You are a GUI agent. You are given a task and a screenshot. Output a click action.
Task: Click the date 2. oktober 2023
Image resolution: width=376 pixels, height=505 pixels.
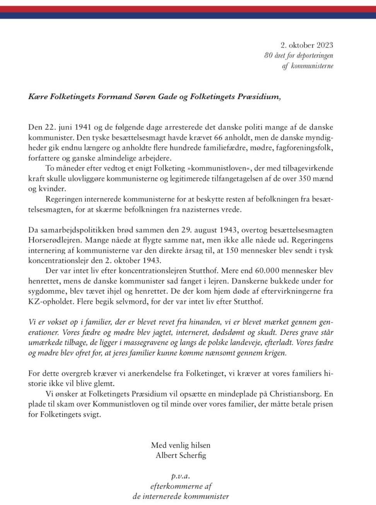click(307, 45)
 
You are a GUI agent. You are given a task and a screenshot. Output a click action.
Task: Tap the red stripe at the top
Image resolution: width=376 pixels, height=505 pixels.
click(188, 9)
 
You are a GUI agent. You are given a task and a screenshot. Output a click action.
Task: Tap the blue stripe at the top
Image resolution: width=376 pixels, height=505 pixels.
click(188, 15)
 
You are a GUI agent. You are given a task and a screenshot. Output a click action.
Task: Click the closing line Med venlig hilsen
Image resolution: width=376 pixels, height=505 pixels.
click(181, 445)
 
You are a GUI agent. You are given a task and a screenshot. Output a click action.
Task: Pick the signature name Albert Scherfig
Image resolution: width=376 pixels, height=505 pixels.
click(181, 455)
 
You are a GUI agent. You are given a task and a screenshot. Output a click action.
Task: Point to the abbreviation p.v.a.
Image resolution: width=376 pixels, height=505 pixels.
click(181, 476)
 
